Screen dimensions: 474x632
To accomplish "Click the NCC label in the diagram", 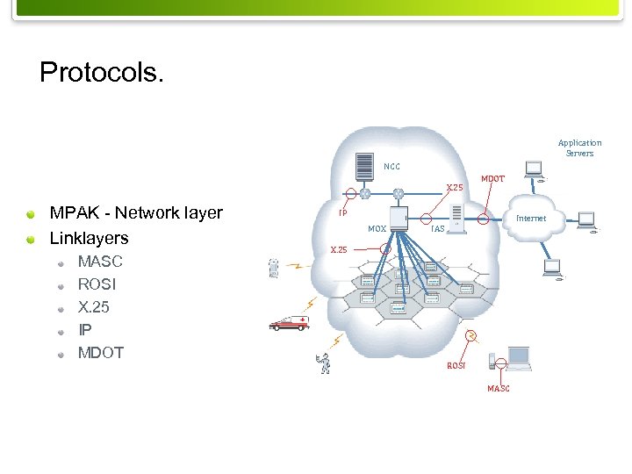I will click(391, 166).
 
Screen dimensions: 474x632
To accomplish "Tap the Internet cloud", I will click(531, 219).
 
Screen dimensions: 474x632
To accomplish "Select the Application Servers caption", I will click(579, 147).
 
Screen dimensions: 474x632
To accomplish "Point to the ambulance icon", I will click(289, 324).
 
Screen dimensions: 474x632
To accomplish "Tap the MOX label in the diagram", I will click(377, 229).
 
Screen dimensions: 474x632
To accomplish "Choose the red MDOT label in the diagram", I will click(492, 179).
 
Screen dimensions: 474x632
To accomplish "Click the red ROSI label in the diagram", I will click(456, 365).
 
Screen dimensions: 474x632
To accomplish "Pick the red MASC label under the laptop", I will click(498, 389).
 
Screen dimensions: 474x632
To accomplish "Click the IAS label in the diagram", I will click(438, 229).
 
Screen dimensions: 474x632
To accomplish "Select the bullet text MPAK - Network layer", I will click(136, 213).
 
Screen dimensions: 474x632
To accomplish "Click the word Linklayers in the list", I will click(90, 238).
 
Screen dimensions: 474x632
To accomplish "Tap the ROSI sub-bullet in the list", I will click(97, 284).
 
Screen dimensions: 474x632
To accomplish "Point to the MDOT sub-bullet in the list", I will click(101, 353).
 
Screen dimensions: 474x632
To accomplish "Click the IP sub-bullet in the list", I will click(84, 330).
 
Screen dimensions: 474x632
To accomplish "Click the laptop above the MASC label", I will click(518, 357).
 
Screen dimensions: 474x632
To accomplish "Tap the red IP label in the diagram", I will click(343, 212).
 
